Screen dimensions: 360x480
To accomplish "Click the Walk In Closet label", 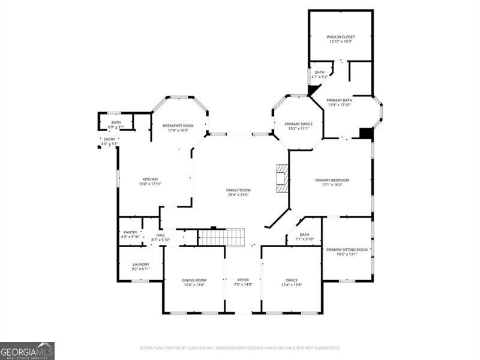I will (341, 37).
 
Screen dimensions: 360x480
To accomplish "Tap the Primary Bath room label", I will (339, 100).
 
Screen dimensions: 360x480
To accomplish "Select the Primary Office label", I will (298, 124).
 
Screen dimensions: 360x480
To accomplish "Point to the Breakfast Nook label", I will (179, 125).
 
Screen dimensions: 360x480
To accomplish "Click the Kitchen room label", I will (150, 179).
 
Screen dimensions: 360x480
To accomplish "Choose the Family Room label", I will (238, 190).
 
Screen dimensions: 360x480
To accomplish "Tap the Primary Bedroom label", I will (332, 180).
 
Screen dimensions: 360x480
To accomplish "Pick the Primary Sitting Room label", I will (347, 249).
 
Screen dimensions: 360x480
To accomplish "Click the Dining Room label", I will (194, 280).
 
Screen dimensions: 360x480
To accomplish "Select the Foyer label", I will (243, 280).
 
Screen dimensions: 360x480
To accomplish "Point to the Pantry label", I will (130, 232).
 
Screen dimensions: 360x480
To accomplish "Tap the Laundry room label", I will (141, 264).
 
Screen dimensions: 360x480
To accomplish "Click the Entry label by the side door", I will (110, 139).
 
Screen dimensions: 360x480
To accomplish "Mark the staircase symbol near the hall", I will (222, 238).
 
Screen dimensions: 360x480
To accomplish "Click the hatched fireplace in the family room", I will (282, 178).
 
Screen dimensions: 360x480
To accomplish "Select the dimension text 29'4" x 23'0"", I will (238, 194).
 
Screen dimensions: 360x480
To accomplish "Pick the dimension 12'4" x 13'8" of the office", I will (292, 284).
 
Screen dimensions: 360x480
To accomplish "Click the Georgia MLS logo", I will (27, 350).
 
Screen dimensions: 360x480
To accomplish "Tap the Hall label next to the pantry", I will (161, 235).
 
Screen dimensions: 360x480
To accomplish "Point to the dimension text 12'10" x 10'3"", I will (341, 41).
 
